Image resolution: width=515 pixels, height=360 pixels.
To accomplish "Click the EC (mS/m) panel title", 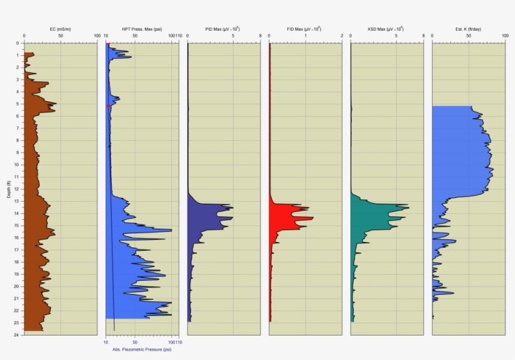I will [61, 29].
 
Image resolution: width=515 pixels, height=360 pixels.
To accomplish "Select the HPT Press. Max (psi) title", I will [142, 29].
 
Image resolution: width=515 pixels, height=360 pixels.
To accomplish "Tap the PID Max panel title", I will [224, 29].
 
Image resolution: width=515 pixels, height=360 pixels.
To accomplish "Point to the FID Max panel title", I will [305, 29].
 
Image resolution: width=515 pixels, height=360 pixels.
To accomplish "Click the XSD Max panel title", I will [387, 29].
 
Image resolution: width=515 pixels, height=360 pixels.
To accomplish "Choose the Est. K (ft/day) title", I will [469, 29].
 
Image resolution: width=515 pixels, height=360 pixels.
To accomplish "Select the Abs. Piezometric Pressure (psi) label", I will [142, 349].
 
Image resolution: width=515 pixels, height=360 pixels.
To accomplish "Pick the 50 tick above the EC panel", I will [61, 36].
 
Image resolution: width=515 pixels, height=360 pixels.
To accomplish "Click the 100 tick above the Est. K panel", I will [505, 36].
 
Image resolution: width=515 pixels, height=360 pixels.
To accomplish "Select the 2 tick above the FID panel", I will [342, 36].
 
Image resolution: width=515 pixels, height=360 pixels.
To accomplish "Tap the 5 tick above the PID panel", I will [233, 36].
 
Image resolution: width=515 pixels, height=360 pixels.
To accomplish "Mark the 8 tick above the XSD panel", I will [423, 36].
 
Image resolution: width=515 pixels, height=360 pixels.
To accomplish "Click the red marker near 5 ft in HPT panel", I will [109, 106].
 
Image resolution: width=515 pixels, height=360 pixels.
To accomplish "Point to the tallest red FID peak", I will [312, 218].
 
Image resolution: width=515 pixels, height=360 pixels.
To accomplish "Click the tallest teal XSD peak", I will [408, 207].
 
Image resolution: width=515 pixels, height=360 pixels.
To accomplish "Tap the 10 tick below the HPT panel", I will [106, 342].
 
